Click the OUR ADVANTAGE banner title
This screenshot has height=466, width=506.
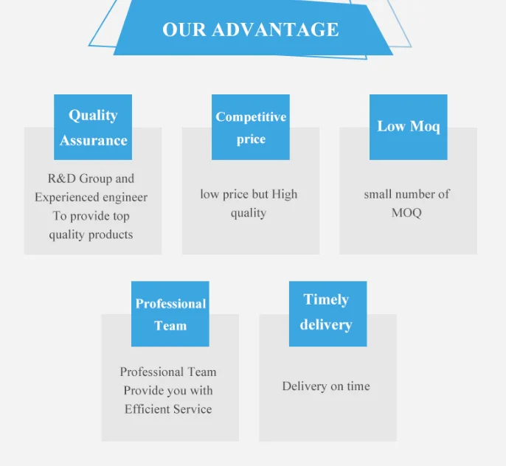click(251, 29)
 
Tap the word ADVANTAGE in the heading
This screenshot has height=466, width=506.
click(276, 29)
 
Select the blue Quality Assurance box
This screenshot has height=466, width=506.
click(93, 127)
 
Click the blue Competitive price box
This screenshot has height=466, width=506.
click(251, 127)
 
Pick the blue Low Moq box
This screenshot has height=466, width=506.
click(408, 127)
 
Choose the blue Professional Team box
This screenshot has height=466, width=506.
click(170, 314)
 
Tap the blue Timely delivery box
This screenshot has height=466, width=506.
click(327, 314)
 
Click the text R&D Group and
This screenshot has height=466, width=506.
click(91, 178)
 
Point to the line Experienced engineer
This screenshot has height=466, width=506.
click(91, 198)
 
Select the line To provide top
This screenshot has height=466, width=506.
click(91, 216)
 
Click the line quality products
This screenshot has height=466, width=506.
click(91, 234)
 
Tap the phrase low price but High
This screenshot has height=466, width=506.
click(249, 194)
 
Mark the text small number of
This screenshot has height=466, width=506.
click(406, 194)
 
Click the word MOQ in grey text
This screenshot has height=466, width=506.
click(406, 213)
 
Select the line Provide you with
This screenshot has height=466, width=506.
click(168, 391)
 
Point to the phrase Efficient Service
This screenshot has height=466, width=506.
click(168, 409)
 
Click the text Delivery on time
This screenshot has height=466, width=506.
click(326, 386)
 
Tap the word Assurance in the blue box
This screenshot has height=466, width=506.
click(94, 140)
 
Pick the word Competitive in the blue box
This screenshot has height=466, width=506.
click(251, 117)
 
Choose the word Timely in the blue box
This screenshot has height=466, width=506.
click(326, 299)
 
